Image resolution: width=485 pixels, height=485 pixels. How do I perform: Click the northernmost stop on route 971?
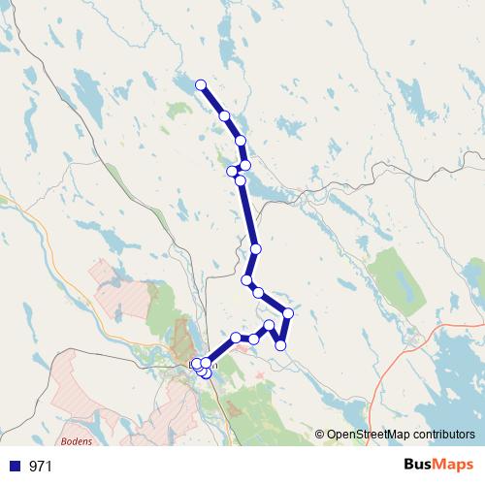pos(201,85)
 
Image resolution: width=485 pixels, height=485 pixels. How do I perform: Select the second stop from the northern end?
pos(224,116)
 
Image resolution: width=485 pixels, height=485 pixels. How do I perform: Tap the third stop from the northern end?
pos(241,141)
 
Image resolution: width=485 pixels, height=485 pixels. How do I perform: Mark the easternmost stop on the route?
pos(288,312)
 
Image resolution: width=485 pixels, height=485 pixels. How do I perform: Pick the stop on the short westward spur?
pos(231,172)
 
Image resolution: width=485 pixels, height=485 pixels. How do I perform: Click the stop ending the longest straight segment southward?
pos(255,249)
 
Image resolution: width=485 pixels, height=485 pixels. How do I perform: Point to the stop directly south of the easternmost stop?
pos(281,344)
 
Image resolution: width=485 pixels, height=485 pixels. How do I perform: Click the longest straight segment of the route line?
pos(247,213)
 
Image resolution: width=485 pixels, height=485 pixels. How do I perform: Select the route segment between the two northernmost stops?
pos(212,101)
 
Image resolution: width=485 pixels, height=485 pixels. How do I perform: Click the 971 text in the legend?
pos(41,467)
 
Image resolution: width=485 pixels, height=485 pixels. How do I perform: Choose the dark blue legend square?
pos(11,467)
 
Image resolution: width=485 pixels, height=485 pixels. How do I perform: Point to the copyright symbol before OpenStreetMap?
pos(319,436)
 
